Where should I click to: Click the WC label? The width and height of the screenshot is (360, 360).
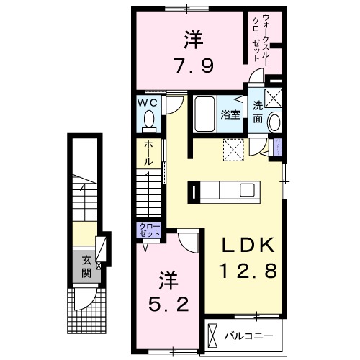(147, 102)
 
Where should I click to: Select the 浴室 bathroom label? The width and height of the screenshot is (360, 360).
(230, 114)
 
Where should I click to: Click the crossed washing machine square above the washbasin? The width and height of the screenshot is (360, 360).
(274, 99)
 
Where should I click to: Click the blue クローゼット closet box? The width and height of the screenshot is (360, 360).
(150, 231)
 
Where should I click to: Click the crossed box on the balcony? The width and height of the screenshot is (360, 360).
(212, 336)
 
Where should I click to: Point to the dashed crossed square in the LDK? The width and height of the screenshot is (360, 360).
(233, 150)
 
